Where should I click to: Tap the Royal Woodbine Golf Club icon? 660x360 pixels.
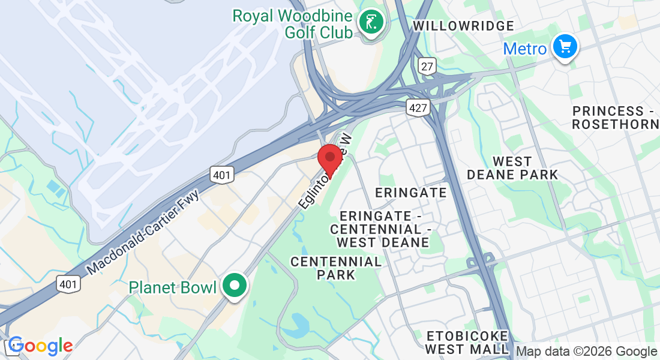(371, 22)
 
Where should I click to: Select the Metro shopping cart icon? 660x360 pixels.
(564, 47)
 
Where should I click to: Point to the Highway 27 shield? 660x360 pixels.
(427, 67)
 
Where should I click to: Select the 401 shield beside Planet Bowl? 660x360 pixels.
(68, 283)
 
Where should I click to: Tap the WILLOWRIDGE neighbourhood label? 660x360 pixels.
(464, 26)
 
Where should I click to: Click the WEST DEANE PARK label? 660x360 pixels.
(512, 168)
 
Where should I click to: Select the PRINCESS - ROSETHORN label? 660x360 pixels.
(615, 118)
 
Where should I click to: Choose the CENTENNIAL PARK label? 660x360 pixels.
(336, 268)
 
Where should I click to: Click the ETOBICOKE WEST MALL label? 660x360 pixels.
(467, 342)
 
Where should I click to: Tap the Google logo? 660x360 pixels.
(40, 346)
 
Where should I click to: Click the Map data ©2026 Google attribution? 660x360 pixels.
(587, 352)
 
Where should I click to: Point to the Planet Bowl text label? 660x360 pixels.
(172, 287)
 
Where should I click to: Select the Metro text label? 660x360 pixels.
(525, 49)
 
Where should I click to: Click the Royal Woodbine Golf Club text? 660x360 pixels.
(292, 24)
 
